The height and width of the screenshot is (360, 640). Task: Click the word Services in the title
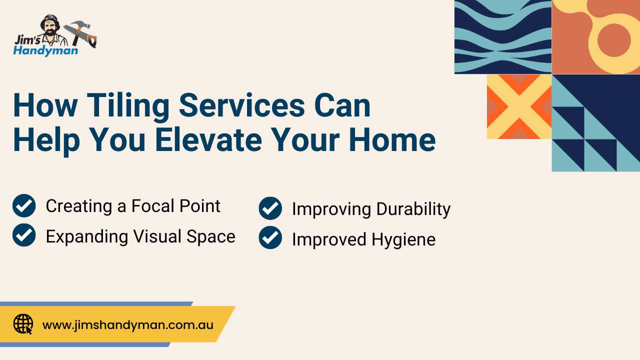[x=242, y=105]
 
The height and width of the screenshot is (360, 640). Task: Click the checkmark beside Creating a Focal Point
[x=24, y=205]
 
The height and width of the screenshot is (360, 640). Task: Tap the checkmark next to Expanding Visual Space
[x=24, y=235]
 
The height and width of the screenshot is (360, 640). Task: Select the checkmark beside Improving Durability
[x=270, y=208]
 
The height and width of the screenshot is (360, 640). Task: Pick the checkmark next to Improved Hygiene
[x=270, y=237]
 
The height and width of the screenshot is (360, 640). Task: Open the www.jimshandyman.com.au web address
[x=127, y=325]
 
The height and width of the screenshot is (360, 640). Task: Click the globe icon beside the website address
[x=23, y=324]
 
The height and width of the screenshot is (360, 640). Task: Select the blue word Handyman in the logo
[x=45, y=51]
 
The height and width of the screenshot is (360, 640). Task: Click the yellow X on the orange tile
[x=519, y=107]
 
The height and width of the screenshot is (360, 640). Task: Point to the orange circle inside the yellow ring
[x=613, y=40]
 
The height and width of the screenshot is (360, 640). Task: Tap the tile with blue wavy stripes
[x=503, y=37]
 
